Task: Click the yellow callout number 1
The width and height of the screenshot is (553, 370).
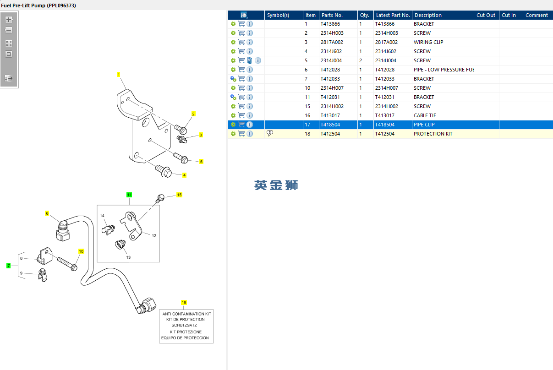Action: point(118,74)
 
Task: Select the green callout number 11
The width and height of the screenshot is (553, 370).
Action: point(129,195)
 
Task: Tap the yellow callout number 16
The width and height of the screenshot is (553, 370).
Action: point(184,302)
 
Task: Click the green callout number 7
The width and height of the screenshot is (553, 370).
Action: point(8,266)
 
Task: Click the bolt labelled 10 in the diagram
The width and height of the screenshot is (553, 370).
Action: point(67,263)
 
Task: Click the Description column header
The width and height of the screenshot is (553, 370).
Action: point(428,15)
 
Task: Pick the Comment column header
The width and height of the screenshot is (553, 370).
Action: point(537,15)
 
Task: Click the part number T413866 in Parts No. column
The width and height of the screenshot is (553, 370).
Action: point(330,24)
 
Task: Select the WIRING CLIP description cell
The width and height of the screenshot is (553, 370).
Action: point(428,42)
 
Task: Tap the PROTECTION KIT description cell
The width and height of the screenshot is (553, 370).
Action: point(433,134)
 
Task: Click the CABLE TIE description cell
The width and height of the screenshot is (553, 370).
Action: point(425,115)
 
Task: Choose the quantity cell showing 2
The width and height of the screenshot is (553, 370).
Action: point(361,60)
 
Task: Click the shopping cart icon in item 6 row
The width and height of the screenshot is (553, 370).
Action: point(241,70)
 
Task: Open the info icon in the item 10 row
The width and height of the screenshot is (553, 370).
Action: point(250,88)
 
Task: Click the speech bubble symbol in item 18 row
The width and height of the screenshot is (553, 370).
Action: point(270,133)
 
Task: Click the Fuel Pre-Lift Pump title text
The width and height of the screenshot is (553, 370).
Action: point(39,5)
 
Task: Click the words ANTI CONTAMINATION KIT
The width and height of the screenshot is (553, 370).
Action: point(186,314)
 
